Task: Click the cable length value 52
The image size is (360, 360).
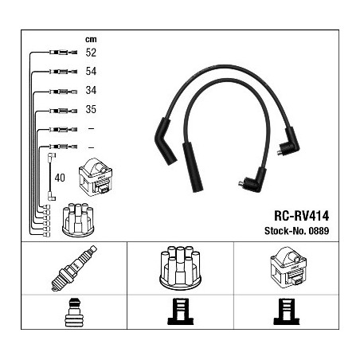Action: [x=91, y=53]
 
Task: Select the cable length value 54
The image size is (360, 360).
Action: [x=91, y=71]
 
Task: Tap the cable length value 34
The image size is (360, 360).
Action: [x=91, y=90]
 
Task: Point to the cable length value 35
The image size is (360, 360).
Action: [x=91, y=109]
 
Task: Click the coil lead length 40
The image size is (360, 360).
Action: [x=60, y=178]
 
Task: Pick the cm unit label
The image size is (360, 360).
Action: [x=91, y=39]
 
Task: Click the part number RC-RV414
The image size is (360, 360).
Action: [x=301, y=216]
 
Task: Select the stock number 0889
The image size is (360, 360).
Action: [x=319, y=231]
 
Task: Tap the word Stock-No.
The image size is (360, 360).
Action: [x=285, y=231]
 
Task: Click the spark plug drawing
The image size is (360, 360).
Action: [x=74, y=268]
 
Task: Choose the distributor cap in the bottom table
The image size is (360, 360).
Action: [x=180, y=268]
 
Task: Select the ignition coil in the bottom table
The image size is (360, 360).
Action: [x=288, y=269]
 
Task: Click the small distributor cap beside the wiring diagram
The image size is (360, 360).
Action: [x=78, y=220]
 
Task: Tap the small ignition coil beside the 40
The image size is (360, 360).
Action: [x=96, y=177]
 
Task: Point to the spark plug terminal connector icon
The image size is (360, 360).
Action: [x=74, y=312]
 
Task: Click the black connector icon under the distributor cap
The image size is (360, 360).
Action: [x=181, y=311]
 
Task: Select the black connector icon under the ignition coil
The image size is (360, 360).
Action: [x=287, y=311]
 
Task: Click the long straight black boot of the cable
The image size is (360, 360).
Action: [x=193, y=167]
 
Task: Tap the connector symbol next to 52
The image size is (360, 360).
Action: [x=63, y=53]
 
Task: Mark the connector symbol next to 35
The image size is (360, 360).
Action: [x=63, y=111]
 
